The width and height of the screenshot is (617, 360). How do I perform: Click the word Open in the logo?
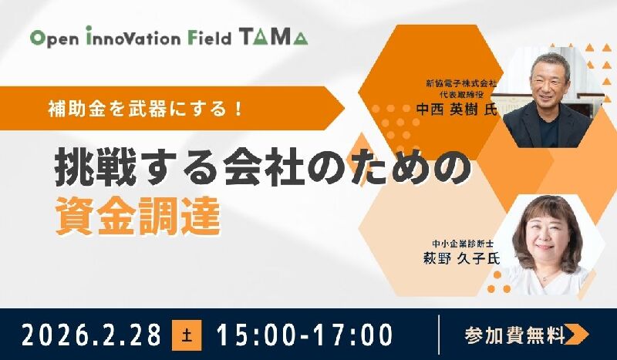pos(53,38)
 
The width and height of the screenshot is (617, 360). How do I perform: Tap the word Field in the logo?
pos(208,37)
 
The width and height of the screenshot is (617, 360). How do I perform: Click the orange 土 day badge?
pos(187,335)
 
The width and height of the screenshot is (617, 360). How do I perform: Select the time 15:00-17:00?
pos(305,335)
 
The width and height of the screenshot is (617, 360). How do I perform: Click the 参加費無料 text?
pos(514,335)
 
